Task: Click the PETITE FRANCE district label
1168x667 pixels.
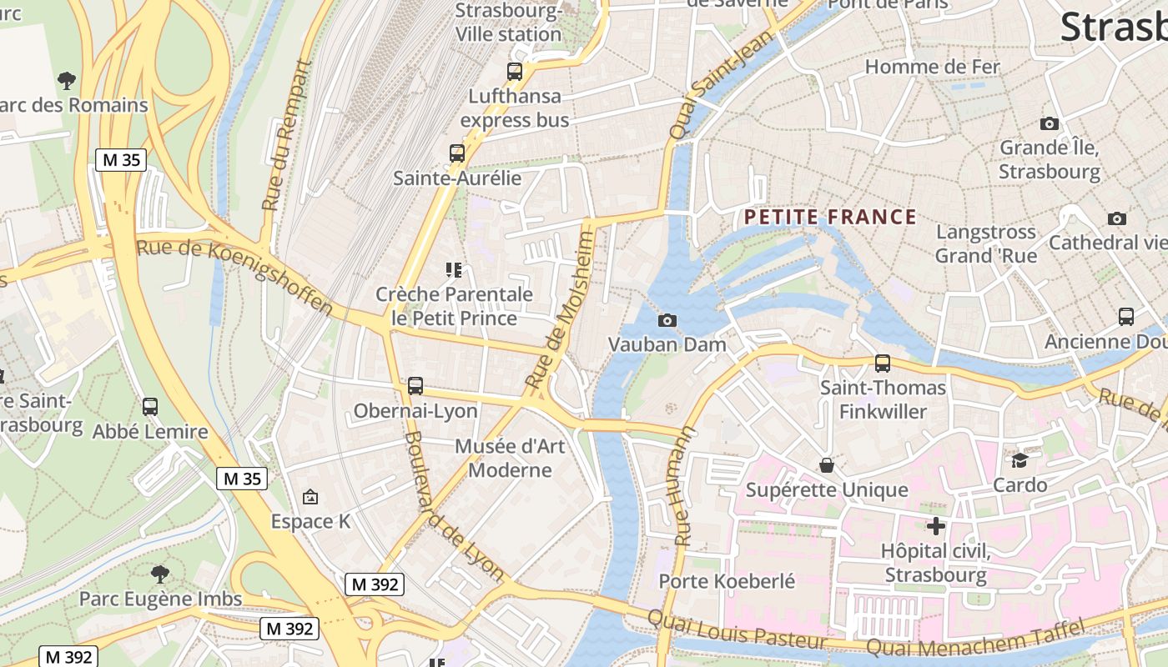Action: (830, 218)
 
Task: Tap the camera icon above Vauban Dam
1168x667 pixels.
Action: (667, 320)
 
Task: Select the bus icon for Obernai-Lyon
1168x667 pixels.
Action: (415, 386)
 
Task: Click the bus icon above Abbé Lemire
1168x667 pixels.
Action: (150, 407)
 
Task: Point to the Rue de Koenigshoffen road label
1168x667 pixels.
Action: (235, 276)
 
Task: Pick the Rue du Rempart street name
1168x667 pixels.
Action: (284, 136)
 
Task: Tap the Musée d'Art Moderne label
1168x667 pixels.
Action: (510, 458)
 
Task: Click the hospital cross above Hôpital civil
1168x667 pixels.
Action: (936, 526)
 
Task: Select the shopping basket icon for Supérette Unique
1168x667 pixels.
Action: (827, 465)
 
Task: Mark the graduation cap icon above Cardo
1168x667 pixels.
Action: (1019, 460)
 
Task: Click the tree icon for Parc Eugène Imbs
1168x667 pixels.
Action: (160, 574)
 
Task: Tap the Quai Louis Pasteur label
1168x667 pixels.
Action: (738, 630)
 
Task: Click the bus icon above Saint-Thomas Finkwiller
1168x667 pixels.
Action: (883, 364)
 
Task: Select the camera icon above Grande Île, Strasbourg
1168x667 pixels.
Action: (1050, 123)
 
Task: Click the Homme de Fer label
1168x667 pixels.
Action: (932, 66)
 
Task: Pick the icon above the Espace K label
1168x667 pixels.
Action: (310, 497)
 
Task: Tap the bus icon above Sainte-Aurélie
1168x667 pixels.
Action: (456, 153)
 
